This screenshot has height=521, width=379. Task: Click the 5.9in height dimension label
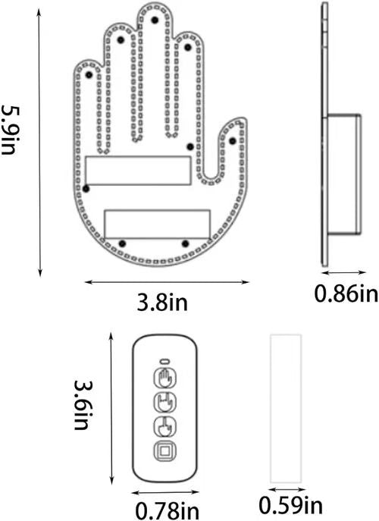point(9,130)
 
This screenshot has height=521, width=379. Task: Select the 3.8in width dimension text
point(162,303)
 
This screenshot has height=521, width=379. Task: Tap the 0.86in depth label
point(346,293)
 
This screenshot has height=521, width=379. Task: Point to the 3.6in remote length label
point(82,405)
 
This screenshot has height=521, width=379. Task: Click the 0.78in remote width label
point(167,510)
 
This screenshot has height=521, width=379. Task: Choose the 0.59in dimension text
point(290,506)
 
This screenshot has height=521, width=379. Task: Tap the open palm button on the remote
point(165,378)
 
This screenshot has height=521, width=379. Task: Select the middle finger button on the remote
point(165,427)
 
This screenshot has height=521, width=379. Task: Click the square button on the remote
point(165,451)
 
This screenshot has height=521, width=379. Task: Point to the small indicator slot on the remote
point(165,361)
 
